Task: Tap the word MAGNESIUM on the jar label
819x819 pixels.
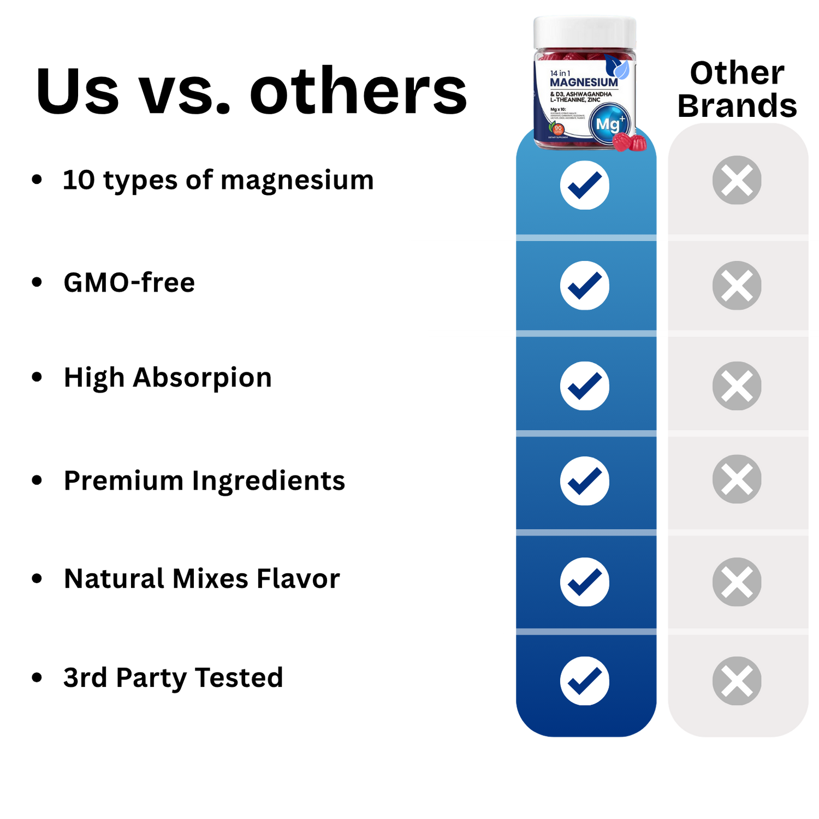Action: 584,82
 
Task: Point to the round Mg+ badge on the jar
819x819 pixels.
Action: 609,124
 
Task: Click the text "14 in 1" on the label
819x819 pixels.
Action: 560,73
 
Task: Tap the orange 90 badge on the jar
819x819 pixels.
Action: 558,129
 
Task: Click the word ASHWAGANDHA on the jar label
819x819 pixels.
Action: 589,94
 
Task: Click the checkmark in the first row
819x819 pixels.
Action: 585,185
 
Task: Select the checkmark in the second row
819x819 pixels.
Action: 585,286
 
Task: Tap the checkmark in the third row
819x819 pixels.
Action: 585,385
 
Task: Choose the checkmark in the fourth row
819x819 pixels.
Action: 585,480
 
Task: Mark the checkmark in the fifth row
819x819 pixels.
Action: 585,581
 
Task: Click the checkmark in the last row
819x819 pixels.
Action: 585,681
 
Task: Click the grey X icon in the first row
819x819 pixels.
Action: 737,180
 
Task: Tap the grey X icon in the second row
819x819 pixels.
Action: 737,286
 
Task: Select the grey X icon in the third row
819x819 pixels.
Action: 737,385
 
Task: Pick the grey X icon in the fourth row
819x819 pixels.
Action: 737,479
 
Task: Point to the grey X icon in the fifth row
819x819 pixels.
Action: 737,581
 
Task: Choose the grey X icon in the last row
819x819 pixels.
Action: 737,681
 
